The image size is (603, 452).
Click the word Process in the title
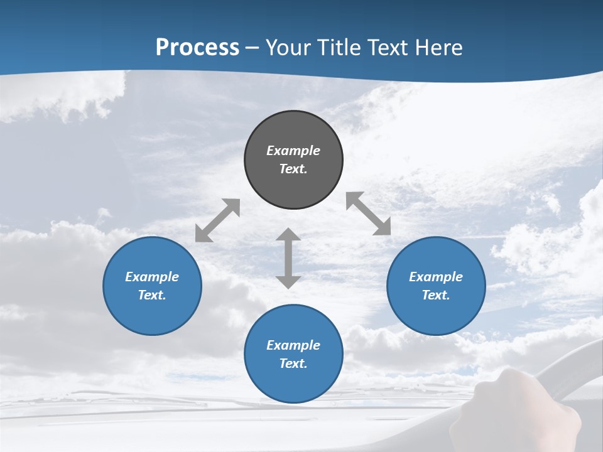197,48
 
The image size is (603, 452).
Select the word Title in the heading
339,48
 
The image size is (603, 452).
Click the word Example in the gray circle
293,151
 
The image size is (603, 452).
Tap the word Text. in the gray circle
293,169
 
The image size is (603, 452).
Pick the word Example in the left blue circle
152,277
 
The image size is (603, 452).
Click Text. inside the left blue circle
152,295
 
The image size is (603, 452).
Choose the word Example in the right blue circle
436,277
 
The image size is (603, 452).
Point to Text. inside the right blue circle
436,295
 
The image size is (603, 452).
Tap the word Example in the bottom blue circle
293,345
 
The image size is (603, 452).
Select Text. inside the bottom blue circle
293,363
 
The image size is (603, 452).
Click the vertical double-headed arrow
288,258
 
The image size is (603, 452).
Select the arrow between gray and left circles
217,220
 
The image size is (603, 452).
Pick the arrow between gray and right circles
368,213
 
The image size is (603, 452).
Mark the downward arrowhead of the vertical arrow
288,281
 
